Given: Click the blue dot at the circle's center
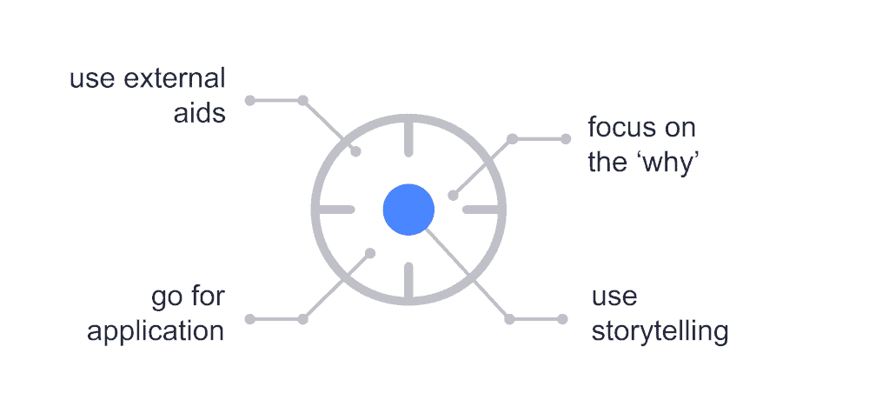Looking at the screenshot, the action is [x=408, y=210].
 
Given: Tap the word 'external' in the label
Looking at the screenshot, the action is [x=175, y=78].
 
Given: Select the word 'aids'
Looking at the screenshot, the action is [x=200, y=113].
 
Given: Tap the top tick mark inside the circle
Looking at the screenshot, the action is [x=408, y=137].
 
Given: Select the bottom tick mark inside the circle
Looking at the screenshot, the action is [x=408, y=282].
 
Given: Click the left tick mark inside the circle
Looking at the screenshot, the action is [x=335, y=210].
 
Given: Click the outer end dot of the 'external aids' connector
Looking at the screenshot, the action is [x=250, y=100].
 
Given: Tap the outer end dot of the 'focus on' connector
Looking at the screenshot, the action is [x=566, y=139].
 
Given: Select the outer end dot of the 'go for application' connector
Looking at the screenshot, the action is [x=250, y=319].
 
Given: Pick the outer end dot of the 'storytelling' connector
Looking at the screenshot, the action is [x=562, y=319].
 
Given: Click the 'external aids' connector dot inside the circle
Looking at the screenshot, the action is [x=356, y=151].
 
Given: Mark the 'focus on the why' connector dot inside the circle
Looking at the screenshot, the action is [x=453, y=195].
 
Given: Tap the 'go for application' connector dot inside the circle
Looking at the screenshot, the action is [x=370, y=253].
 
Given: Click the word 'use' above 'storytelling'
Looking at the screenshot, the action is [x=614, y=297].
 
